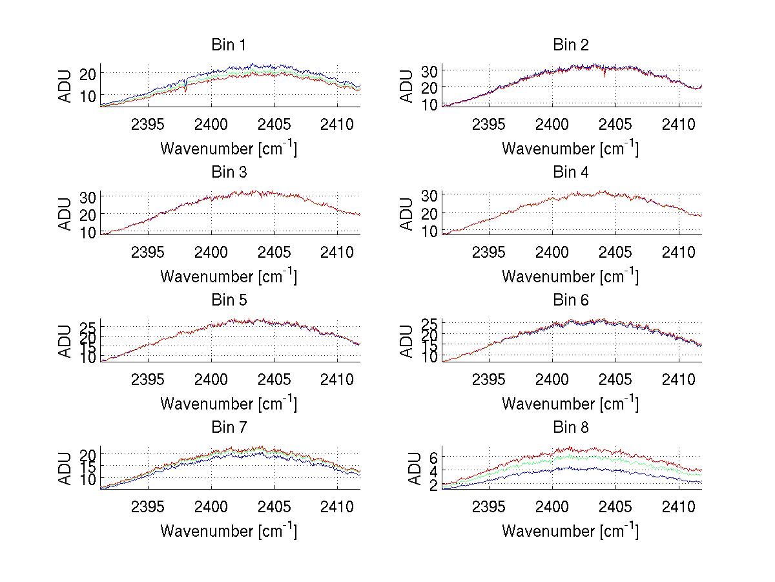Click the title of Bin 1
point(229,45)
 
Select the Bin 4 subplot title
point(571,172)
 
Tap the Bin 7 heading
point(229,428)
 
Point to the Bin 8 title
point(571,428)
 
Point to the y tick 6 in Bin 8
point(434,457)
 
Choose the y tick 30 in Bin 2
point(429,70)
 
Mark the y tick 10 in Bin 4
point(429,231)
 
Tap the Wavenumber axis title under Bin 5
point(229,404)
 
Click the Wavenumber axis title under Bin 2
point(571,149)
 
